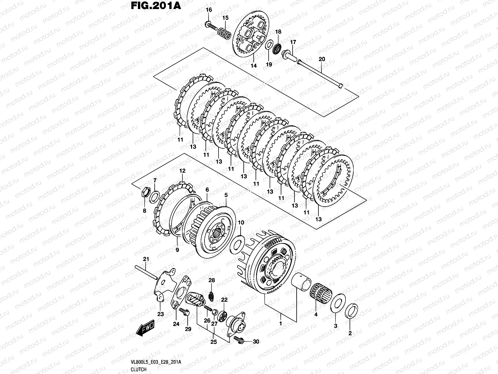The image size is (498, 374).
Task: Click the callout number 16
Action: [209, 10]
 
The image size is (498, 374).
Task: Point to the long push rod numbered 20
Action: [321, 75]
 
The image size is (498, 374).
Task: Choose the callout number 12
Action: [182, 171]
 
